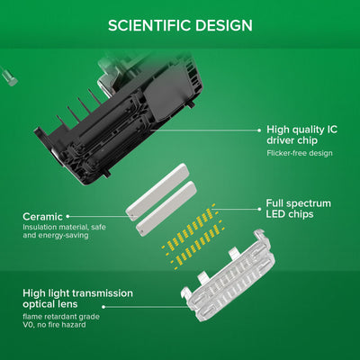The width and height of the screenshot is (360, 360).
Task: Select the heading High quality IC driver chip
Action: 301,135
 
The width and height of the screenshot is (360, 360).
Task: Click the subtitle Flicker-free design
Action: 300,153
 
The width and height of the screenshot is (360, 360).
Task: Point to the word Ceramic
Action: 42,217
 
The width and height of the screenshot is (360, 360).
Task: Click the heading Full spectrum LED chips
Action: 299,209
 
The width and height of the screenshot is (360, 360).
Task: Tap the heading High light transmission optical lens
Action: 77,299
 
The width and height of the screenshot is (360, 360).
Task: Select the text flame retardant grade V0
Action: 61,320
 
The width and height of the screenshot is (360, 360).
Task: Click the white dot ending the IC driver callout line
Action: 259,130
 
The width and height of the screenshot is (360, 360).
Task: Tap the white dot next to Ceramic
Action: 67,216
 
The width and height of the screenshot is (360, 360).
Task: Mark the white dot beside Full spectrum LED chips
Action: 260,209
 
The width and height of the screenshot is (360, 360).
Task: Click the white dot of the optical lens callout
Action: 103,307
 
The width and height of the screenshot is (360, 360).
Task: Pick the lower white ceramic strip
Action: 166,206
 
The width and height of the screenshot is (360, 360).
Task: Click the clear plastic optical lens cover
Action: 229,275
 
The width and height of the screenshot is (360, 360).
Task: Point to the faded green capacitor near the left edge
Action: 9,77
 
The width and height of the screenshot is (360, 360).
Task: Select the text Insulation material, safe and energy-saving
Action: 64,231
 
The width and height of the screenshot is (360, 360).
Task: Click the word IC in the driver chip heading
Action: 332,130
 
